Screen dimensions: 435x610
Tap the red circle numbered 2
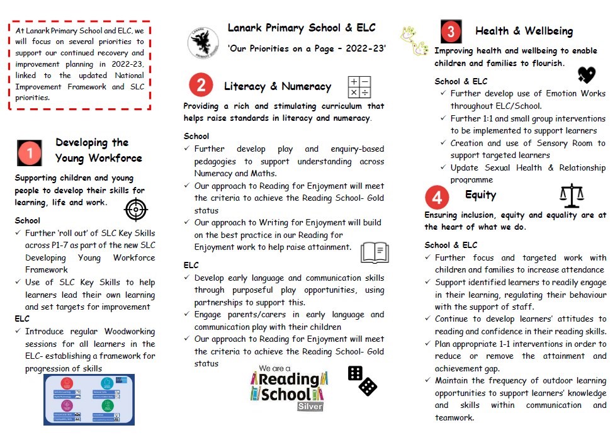tap(201, 86)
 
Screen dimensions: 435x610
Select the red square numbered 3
tap(451, 31)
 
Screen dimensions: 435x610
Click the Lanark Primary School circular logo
tap(203, 42)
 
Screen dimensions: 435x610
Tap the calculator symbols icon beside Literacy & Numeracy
tap(359, 87)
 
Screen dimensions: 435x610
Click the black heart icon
tap(586, 76)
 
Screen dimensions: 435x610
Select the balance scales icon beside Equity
tap(572, 196)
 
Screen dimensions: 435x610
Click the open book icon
tap(375, 252)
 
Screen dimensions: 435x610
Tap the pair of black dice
tap(362, 380)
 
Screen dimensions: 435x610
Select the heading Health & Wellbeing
tap(524, 31)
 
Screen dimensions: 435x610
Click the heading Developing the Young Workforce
tap(98, 150)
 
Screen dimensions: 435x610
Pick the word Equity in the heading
tap(480, 195)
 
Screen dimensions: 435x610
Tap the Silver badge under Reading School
tap(310, 406)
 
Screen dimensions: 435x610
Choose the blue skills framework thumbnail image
tap(89, 399)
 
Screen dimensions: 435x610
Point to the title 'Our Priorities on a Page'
tap(307, 48)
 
